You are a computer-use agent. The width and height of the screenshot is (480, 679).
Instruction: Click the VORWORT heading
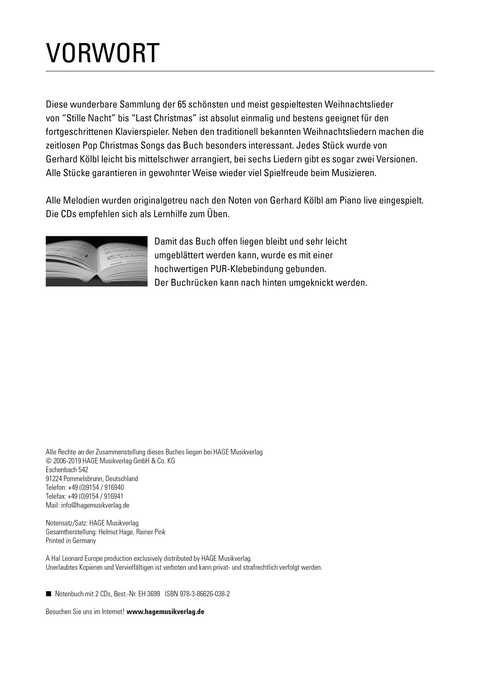click(103, 54)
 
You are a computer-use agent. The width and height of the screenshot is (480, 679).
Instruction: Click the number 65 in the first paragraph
click(182, 105)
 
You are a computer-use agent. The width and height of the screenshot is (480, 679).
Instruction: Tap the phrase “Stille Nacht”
click(86, 119)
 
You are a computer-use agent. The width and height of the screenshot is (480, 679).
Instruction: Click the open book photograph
click(96, 261)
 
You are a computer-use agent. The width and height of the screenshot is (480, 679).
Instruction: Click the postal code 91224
click(54, 479)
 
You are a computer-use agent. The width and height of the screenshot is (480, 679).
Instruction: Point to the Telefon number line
click(85, 488)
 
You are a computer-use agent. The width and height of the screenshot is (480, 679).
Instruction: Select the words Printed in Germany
click(71, 540)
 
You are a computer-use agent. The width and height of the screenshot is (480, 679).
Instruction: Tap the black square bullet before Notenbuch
click(48, 593)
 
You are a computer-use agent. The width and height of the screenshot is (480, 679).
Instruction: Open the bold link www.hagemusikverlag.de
click(166, 612)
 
